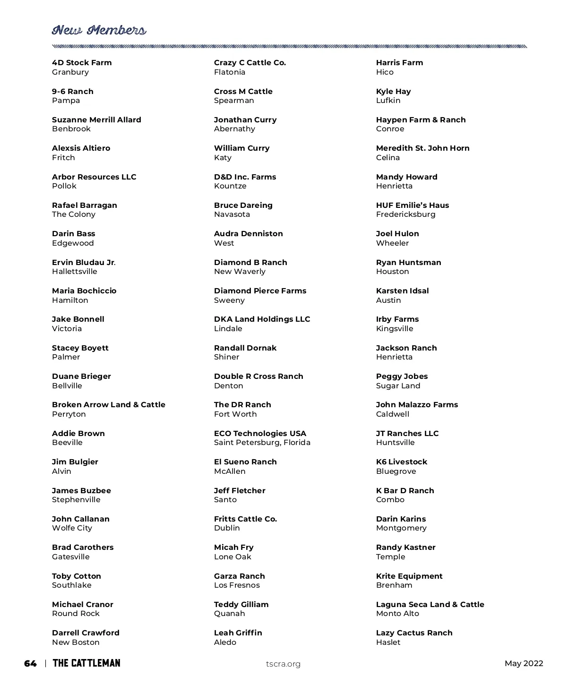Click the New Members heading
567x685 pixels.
pos(99,31)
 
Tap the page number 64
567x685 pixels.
pos(30,664)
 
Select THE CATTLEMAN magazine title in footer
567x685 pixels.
pos(86,663)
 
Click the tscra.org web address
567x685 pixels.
pos(283,664)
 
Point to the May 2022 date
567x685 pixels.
pos(524,664)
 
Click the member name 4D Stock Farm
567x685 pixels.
pos(82,63)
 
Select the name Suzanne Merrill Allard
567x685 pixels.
pos(96,120)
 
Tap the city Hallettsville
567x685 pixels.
pos(75,272)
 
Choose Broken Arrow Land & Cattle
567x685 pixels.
pos(109,405)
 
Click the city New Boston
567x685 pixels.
pos(76,642)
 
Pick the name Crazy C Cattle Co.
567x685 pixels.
pos(250,63)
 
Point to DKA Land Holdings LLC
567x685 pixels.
pos(262,319)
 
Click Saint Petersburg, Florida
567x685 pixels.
pos(262,443)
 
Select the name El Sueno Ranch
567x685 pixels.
pos(245,462)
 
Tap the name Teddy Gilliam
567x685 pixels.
pos(241,605)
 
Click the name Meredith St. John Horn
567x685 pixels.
pos(423,148)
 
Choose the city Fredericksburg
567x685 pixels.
pos(406,214)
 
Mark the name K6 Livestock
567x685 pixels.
pos(402,462)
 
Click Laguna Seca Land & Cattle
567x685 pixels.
pos(430,605)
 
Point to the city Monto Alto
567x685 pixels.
pos(397,614)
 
